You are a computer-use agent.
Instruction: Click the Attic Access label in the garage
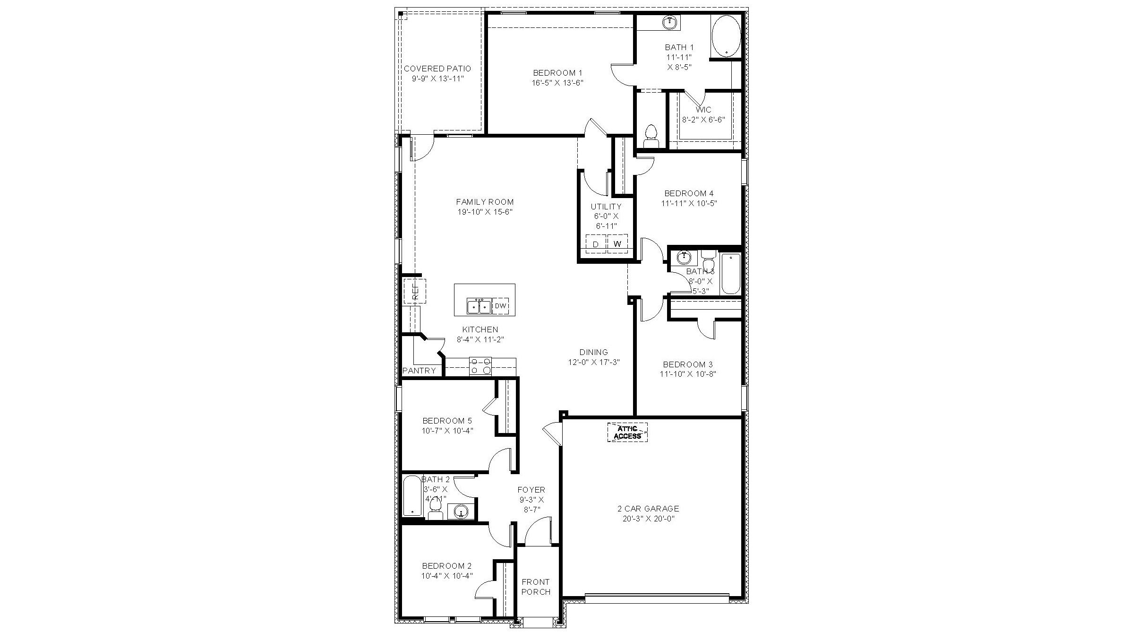pos(627,432)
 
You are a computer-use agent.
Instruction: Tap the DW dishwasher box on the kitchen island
pos(500,306)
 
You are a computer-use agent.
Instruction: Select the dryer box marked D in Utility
pos(596,244)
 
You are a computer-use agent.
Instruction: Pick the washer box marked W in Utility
pos(617,244)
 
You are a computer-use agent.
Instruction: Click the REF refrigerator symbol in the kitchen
pos(415,291)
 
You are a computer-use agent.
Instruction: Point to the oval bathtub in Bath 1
pos(726,36)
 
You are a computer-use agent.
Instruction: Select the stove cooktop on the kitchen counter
pos(480,366)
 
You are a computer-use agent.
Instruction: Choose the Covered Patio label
pos(437,69)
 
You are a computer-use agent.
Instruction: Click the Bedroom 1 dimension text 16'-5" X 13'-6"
pos(557,83)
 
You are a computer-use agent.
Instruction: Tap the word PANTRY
pos(419,371)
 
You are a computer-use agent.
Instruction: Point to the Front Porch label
pos(536,587)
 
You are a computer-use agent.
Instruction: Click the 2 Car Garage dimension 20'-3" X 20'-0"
pos(648,519)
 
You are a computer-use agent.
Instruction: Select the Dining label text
pos(593,352)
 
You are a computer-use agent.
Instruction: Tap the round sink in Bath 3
pos(683,258)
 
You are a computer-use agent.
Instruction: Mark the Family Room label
pos(485,202)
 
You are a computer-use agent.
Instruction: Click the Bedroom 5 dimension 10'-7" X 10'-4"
pos(447,431)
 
